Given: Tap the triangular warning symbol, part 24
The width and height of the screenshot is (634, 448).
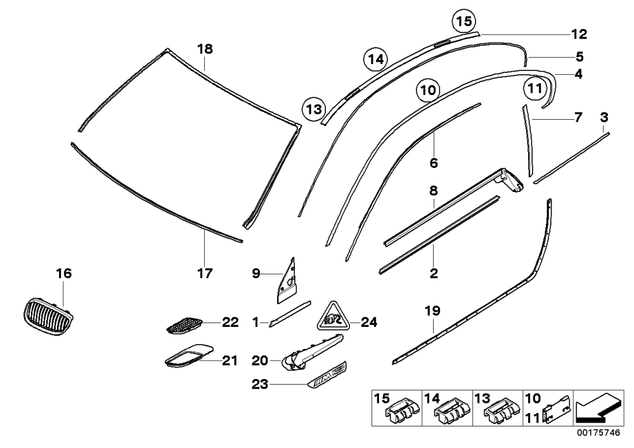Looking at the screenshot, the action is click(332, 316).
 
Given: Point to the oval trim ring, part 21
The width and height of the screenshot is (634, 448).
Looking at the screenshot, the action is click(189, 355).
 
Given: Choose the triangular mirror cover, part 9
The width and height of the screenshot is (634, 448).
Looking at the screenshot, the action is click(287, 280).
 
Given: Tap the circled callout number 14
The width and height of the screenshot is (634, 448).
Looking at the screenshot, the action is click(375, 60).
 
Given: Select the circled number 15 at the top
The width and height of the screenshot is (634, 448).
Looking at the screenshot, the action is click(464, 21).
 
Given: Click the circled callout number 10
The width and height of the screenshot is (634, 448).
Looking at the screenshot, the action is click(428, 89).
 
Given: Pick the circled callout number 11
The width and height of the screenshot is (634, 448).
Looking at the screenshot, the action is click(535, 88).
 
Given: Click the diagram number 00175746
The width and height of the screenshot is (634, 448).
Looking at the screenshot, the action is click(598, 433).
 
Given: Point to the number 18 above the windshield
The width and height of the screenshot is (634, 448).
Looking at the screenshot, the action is click(205, 49).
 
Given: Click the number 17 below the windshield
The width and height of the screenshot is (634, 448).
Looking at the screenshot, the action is click(205, 274).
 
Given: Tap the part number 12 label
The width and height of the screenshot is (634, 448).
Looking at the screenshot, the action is click(579, 34).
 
